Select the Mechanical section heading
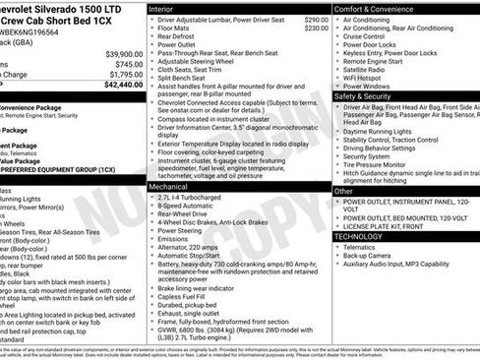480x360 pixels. click(x=169, y=185)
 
